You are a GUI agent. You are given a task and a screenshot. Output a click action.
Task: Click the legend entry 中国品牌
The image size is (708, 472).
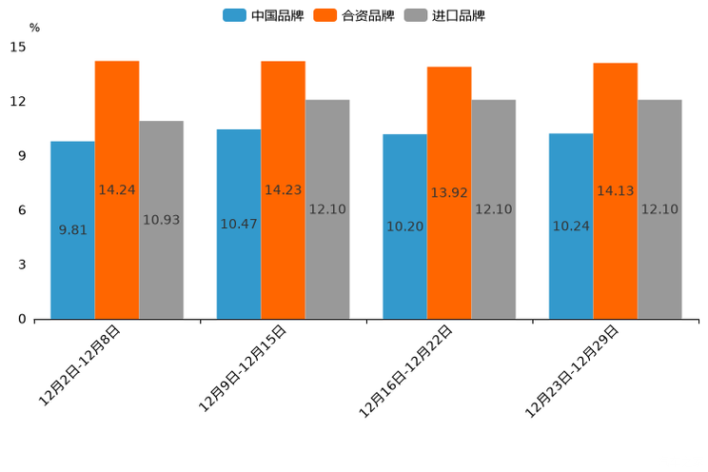tap(264, 15)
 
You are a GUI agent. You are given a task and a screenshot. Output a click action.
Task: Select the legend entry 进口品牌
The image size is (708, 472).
tap(444, 15)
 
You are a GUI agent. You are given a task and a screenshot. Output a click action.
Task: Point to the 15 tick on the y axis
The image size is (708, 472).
tap(19, 47)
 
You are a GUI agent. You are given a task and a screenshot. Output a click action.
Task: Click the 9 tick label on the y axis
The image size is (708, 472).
tap(22, 156)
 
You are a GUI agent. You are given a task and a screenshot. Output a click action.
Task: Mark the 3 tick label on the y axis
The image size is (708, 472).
tap(22, 265)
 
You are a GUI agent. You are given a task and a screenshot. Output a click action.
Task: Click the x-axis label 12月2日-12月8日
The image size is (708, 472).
tap(80, 365)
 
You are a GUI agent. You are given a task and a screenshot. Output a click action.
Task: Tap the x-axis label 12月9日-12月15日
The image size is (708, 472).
tap(243, 368)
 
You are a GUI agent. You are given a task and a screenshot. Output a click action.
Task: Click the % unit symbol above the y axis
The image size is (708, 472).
tap(34, 28)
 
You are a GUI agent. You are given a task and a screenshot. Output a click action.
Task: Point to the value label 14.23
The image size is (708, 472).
tap(283, 190)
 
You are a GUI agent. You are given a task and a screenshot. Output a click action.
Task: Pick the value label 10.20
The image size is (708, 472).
tap(404, 226)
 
